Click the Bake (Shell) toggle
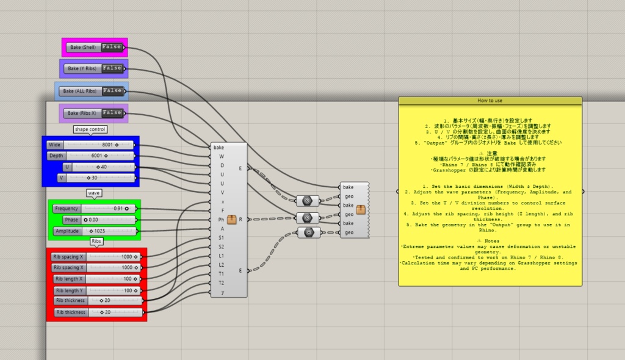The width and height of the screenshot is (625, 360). pyautogui.click(x=95, y=47)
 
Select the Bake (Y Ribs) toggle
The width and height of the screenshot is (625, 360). pyautogui.click(x=94, y=68)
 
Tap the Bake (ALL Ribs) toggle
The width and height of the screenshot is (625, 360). pyautogui.click(x=92, y=91)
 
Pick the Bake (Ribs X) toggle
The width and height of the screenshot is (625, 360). pyautogui.click(x=94, y=113)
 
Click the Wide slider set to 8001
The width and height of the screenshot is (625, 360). pyautogui.click(x=91, y=145)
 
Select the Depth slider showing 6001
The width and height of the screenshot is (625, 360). pyautogui.click(x=91, y=156)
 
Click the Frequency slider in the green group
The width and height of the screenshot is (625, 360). pyautogui.click(x=94, y=208)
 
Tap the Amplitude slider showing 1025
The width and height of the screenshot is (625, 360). pyautogui.click(x=94, y=231)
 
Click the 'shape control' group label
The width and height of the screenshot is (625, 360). pyautogui.click(x=90, y=129)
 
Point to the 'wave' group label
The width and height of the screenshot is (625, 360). pyautogui.click(x=93, y=193)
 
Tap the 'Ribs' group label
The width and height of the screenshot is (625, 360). pyautogui.click(x=96, y=241)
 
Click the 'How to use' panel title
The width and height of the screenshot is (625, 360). pyautogui.click(x=490, y=100)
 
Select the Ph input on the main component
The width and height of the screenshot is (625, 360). pyautogui.click(x=221, y=220)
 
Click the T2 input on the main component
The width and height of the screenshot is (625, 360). pyautogui.click(x=221, y=283)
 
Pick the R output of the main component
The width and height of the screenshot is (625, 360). pyautogui.click(x=240, y=218)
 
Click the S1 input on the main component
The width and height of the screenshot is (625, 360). pyautogui.click(x=221, y=237)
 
